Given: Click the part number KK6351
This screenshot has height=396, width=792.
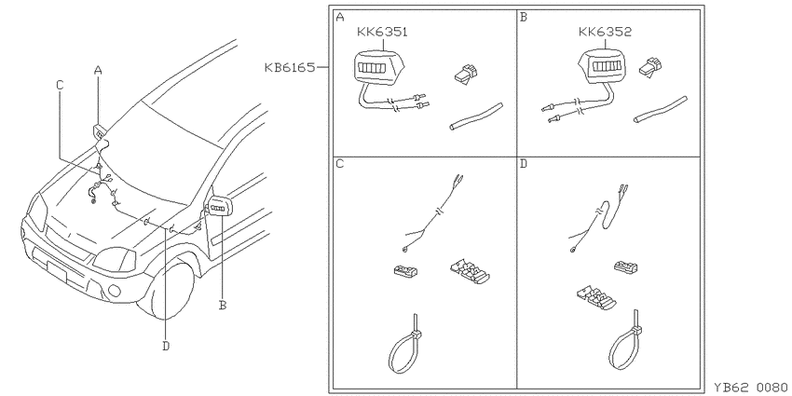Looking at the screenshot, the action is click(x=382, y=33).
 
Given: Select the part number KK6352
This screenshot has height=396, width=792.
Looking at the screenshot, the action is click(x=605, y=33).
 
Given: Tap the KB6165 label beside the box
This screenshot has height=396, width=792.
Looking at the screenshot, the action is click(x=290, y=67).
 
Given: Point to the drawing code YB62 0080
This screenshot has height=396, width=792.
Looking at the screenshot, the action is click(x=752, y=388).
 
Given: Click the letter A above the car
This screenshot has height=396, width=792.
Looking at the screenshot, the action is click(x=98, y=71).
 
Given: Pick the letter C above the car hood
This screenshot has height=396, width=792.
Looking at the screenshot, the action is click(x=60, y=86).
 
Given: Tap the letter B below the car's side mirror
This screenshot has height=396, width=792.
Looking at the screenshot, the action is click(x=223, y=305).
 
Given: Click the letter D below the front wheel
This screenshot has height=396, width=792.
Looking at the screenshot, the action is click(x=166, y=346).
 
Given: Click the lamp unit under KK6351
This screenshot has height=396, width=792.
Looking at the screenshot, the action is click(x=379, y=67).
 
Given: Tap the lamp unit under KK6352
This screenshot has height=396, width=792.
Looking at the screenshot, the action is click(x=603, y=67).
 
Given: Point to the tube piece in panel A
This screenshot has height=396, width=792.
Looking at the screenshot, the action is click(x=476, y=116).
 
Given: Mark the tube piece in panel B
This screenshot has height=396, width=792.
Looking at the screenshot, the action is click(x=661, y=110).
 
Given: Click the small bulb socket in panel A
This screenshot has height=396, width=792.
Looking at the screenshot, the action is click(x=465, y=75).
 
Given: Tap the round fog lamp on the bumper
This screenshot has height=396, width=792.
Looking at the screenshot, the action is click(x=115, y=290).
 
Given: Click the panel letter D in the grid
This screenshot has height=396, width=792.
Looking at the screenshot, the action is click(x=524, y=165).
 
